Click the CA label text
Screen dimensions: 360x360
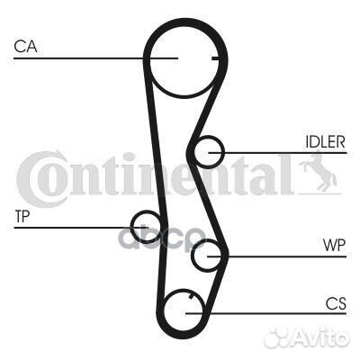[25, 47]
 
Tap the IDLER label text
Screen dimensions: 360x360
[325, 141]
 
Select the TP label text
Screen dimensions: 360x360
[22, 216]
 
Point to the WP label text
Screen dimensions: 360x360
[334, 246]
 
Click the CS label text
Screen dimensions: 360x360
[336, 303]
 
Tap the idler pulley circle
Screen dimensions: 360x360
[194, 152]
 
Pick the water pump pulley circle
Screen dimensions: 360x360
[192, 256]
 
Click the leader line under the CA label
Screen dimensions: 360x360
[96, 58]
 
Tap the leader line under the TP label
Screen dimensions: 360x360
[81, 228]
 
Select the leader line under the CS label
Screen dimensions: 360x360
[266, 314]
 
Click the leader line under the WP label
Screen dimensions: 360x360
[277, 256]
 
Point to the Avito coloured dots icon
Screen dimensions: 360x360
[276, 337]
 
